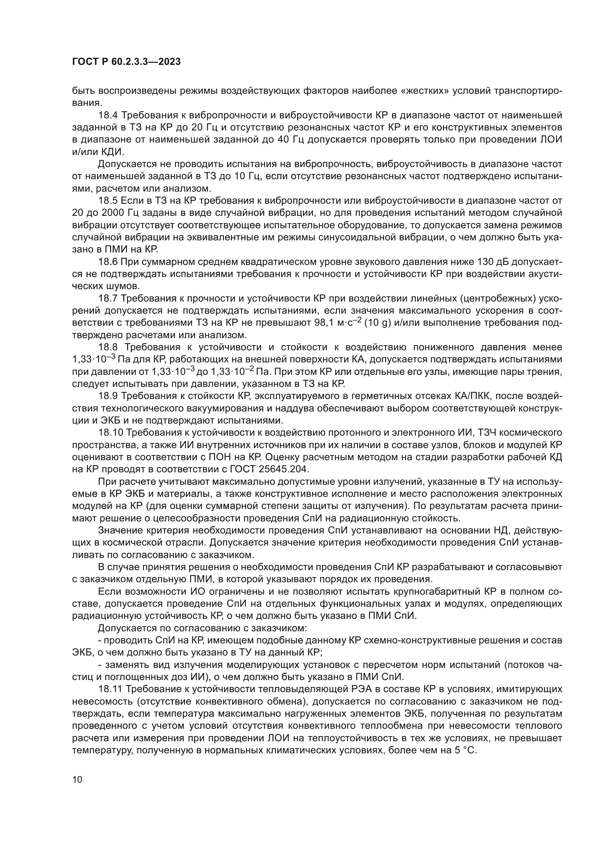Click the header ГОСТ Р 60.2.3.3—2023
click(126, 62)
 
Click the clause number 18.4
click(107, 115)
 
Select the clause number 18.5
click(107, 201)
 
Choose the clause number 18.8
click(108, 347)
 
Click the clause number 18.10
click(110, 433)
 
